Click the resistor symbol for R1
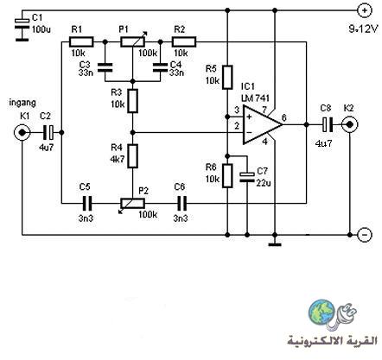tap(81, 42)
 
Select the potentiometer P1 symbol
tap(133, 41)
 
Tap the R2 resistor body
tap(184, 42)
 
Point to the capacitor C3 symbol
tap(105, 66)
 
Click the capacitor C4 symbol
tap(160, 66)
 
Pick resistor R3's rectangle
tap(133, 101)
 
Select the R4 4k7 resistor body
tap(133, 156)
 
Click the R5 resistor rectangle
tap(227, 77)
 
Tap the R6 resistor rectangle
tap(227, 176)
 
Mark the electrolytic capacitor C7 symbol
tap(247, 177)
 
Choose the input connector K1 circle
tap(22, 133)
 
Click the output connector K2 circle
tap(350, 124)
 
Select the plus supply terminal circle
tap(365, 10)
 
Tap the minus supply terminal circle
tap(365, 235)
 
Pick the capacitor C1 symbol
tap(22, 26)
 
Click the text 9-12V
tap(363, 29)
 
